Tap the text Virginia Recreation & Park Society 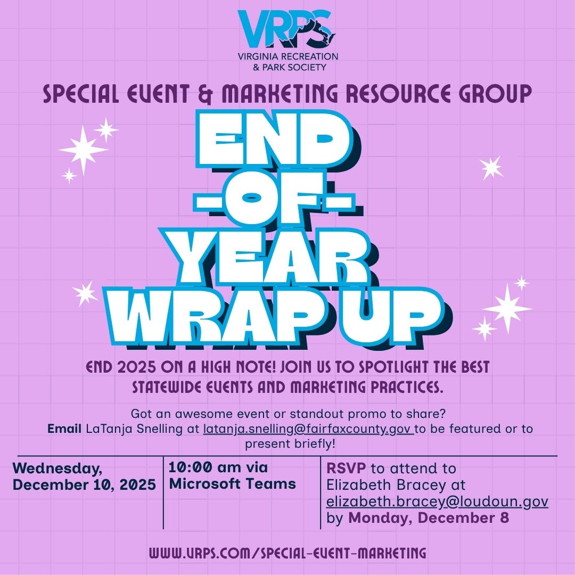pyautogui.click(x=288, y=62)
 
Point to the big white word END pyautogui.click(x=272, y=139)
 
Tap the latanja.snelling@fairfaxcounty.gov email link pyautogui.click(x=308, y=429)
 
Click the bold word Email pyautogui.click(x=64, y=428)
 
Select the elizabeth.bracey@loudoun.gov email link pyautogui.click(x=437, y=502)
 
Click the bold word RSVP pyautogui.click(x=346, y=469)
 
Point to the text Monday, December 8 pyautogui.click(x=429, y=518)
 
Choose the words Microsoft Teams pyautogui.click(x=232, y=484)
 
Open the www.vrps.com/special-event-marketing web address pyautogui.click(x=287, y=553)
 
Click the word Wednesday pyautogui.click(x=57, y=469)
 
